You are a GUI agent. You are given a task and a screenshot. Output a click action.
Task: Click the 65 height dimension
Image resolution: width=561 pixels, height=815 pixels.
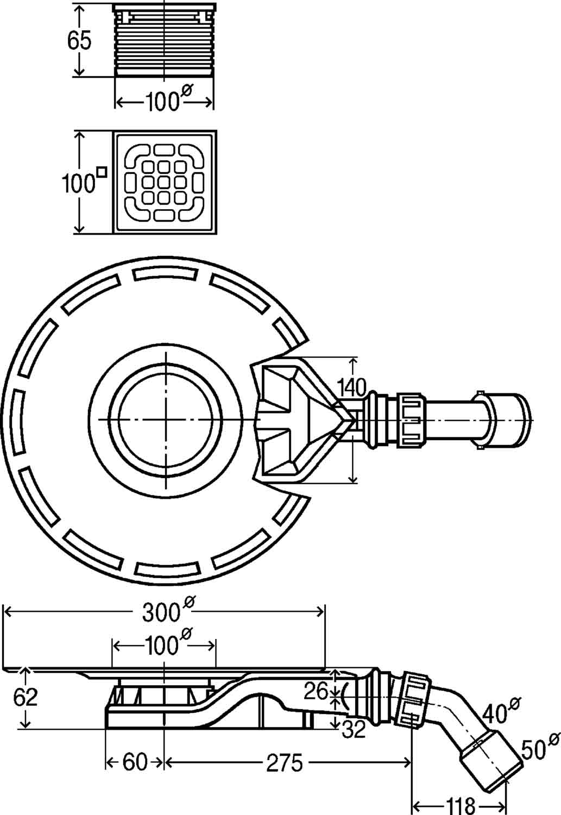79,41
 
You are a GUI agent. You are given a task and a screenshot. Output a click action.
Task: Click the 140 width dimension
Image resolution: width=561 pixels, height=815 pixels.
351,388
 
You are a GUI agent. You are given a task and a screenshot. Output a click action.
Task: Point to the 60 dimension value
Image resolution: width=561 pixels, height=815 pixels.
135,762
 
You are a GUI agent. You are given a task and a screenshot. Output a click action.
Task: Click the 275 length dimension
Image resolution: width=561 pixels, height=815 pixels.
285,763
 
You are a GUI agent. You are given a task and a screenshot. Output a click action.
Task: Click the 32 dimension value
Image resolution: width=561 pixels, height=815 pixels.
354,730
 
